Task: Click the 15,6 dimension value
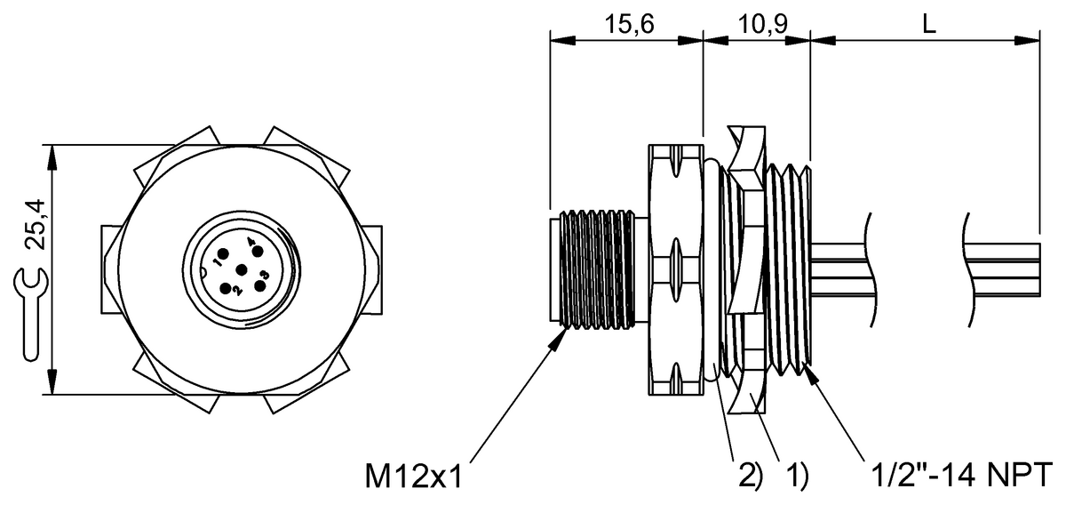click(629, 24)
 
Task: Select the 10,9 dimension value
click(763, 24)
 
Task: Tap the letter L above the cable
click(929, 24)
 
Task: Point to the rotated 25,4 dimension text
click(36, 224)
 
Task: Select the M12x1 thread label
click(413, 477)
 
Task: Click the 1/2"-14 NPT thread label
click(961, 475)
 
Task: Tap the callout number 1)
click(797, 477)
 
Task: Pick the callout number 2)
click(751, 477)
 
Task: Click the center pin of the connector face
click(242, 270)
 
